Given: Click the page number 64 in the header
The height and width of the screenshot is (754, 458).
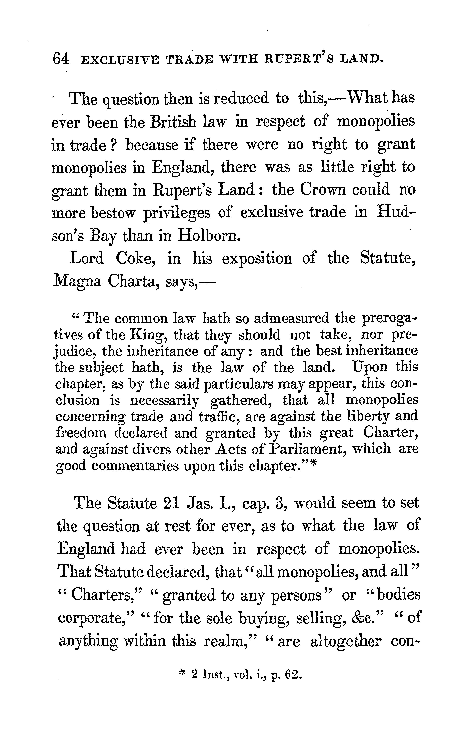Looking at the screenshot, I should pyautogui.click(x=61, y=58).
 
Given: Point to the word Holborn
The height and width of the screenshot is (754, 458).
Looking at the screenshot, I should pyautogui.click(x=207, y=236).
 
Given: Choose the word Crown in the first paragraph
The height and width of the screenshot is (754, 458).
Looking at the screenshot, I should pyautogui.click(x=322, y=190).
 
